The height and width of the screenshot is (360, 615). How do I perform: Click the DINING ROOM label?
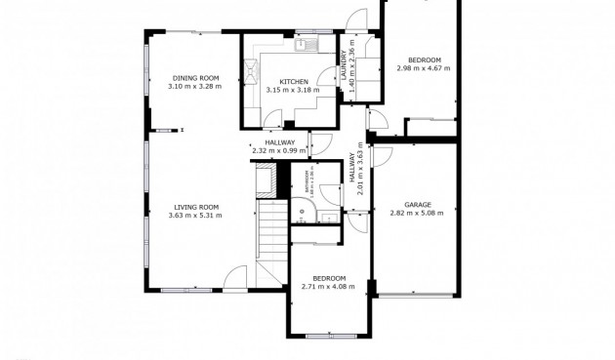195,78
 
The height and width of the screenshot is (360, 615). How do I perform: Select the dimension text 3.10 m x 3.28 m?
195,87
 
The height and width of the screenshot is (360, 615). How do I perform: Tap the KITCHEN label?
294,82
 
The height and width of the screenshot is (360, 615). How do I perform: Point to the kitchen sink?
304,44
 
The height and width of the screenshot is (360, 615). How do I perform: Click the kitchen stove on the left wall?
252,70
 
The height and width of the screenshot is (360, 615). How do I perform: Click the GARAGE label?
418,205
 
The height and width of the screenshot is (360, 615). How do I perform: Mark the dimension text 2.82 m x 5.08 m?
418,214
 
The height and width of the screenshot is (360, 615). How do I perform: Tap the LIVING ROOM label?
195,207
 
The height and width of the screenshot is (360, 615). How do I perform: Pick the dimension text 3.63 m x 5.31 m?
195,216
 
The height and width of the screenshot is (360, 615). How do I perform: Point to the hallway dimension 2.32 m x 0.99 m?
279,151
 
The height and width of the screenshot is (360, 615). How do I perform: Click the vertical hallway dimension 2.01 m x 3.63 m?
360,171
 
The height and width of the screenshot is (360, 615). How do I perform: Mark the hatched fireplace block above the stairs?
264,180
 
